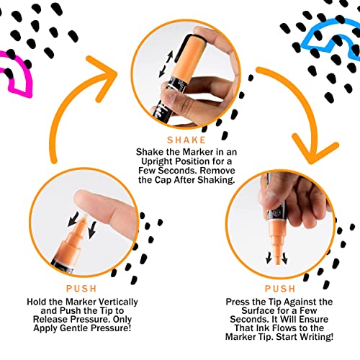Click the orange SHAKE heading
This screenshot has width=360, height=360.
(186, 140)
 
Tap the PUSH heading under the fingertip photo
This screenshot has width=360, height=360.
(81, 289)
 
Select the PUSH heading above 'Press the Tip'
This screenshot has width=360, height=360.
(280, 289)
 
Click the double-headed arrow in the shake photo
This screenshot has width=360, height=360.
(166, 64)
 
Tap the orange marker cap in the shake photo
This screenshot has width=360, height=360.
(189, 56)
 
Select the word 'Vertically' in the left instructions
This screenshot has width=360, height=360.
(119, 302)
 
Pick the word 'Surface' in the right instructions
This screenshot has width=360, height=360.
(257, 310)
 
